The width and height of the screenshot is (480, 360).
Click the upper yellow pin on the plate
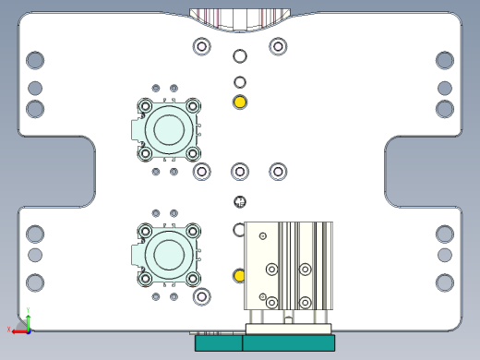tap(240, 102)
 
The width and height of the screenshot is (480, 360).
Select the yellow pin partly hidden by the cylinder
tap(239, 276)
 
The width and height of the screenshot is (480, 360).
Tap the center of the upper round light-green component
tap(169, 129)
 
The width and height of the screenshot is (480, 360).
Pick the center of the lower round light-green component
tap(169, 252)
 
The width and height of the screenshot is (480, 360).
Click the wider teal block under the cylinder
tap(288, 343)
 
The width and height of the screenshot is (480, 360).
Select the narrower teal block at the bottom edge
tap(218, 343)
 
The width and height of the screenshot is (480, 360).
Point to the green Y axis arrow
tap(29, 316)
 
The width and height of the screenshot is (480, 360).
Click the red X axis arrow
tap(15, 330)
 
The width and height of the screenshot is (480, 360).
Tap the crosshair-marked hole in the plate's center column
tap(240, 201)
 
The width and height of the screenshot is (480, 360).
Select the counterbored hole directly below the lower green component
tap(202, 296)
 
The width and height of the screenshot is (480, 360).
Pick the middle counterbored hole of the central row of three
tap(240, 171)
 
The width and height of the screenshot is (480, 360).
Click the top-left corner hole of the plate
tap(35, 60)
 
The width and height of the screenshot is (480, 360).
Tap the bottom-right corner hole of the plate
tap(445, 282)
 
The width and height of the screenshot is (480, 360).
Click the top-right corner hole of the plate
tap(445, 60)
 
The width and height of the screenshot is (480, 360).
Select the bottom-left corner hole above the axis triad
tap(35, 282)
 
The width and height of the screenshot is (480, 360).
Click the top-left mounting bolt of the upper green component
tap(146, 106)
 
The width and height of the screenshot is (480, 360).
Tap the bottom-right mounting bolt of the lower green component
tap(193, 276)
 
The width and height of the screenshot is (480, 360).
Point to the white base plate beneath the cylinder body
tap(288, 329)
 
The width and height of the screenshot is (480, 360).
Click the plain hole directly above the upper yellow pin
tap(240, 82)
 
